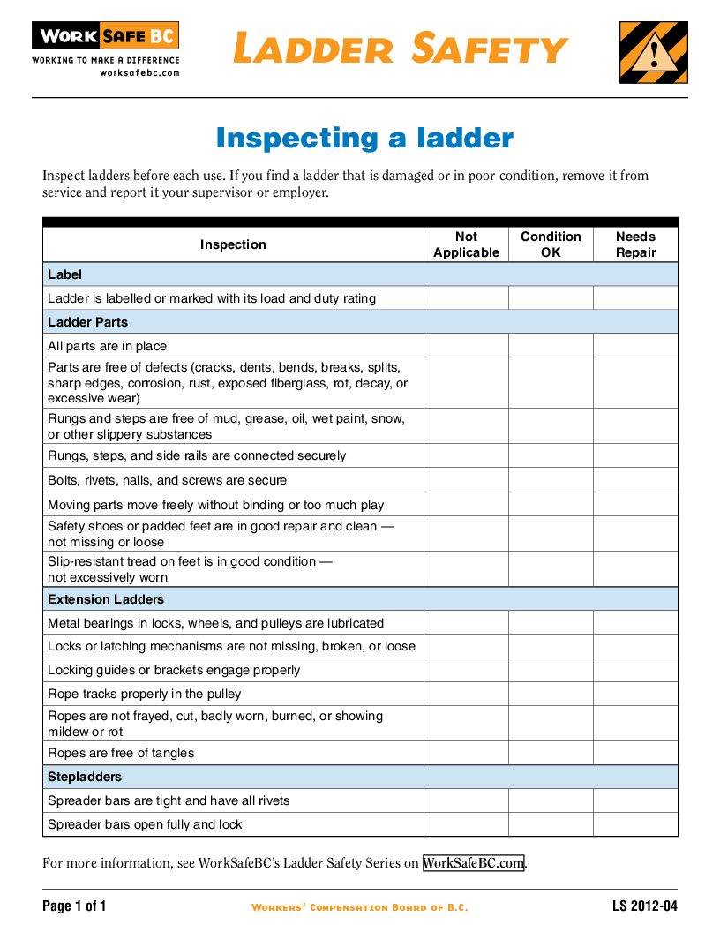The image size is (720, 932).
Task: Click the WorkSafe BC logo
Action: pyautogui.click(x=105, y=37)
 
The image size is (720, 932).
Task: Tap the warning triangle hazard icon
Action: pyautogui.click(x=653, y=53)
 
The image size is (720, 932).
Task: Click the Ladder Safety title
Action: pyautogui.click(x=401, y=49)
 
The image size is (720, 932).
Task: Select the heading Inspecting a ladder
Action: pyautogui.click(x=364, y=139)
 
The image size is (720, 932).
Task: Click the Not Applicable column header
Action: pyautogui.click(x=466, y=244)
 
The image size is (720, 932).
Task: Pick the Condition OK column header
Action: pyautogui.click(x=551, y=244)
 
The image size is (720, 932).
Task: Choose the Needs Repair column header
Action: pyautogui.click(x=635, y=244)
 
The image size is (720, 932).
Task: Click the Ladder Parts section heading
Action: pyautogui.click(x=87, y=322)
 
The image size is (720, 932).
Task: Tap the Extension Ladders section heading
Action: pyautogui.click(x=106, y=599)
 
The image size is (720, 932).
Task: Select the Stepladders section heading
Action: pyautogui.click(x=85, y=777)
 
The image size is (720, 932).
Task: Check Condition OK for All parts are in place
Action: pyautogui.click(x=551, y=345)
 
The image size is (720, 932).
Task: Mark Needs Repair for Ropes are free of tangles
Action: pyautogui.click(x=635, y=753)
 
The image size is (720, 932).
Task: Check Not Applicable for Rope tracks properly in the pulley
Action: pyautogui.click(x=466, y=694)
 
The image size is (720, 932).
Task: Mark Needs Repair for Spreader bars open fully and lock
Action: pyautogui.click(x=635, y=824)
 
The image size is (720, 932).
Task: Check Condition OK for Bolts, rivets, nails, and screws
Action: pyautogui.click(x=551, y=480)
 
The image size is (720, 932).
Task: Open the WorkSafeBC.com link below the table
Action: pyautogui.click(x=474, y=863)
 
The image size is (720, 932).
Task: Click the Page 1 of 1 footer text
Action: pyautogui.click(x=74, y=906)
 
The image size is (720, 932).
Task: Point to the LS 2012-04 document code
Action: pyautogui.click(x=645, y=906)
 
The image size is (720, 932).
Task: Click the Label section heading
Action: pyautogui.click(x=64, y=274)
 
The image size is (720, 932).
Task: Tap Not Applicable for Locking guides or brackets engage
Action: pyautogui.click(x=466, y=670)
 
